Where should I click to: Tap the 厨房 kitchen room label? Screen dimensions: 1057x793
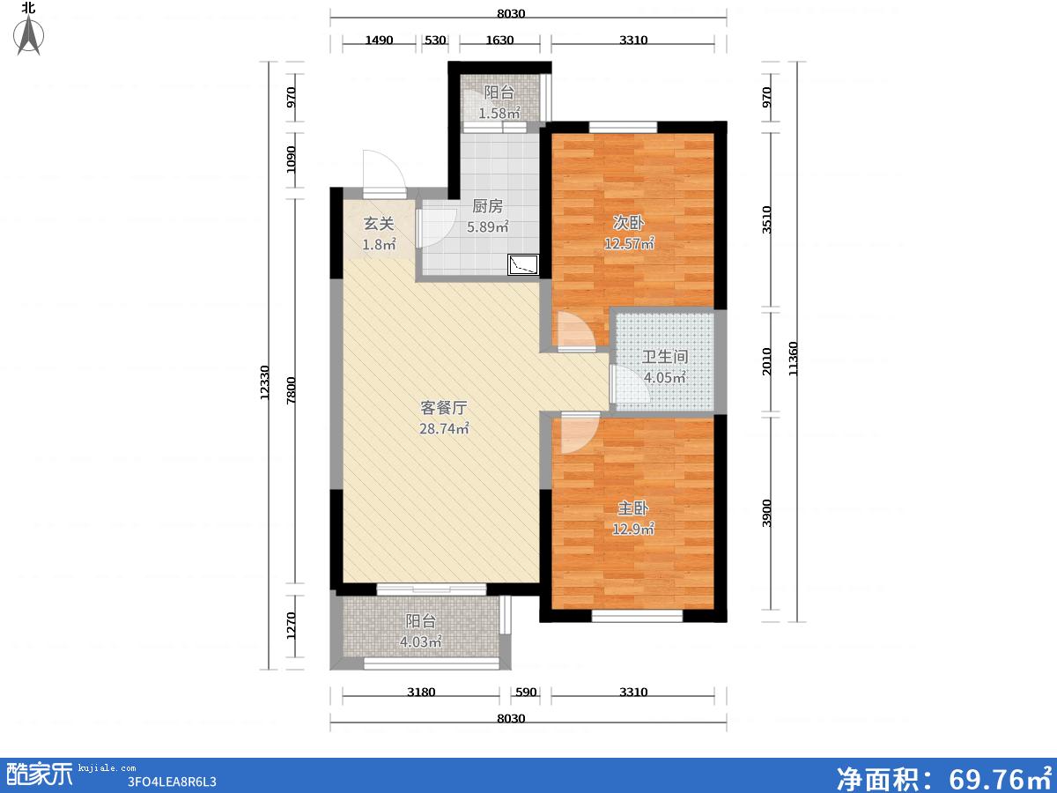(x=487, y=206)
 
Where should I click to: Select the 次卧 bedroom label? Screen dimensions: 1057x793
(x=628, y=222)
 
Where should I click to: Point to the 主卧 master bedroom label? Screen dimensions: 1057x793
(x=633, y=508)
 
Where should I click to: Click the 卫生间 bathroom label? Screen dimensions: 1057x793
(x=665, y=357)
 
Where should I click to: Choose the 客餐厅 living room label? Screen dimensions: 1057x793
(x=444, y=408)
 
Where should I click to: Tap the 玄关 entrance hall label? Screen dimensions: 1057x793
(x=379, y=224)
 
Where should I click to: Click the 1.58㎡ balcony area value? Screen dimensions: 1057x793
(x=499, y=113)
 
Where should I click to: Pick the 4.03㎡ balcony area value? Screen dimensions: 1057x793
(x=420, y=641)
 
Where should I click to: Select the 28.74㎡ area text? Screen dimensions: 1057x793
(x=444, y=428)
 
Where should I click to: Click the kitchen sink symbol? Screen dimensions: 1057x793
(x=523, y=265)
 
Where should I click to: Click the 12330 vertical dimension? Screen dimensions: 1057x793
(x=264, y=382)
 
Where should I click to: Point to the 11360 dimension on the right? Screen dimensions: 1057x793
(x=793, y=359)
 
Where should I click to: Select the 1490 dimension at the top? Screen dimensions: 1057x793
(x=379, y=40)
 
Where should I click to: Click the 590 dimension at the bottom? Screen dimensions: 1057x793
(x=525, y=692)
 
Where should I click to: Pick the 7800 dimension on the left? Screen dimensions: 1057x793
(x=291, y=390)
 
